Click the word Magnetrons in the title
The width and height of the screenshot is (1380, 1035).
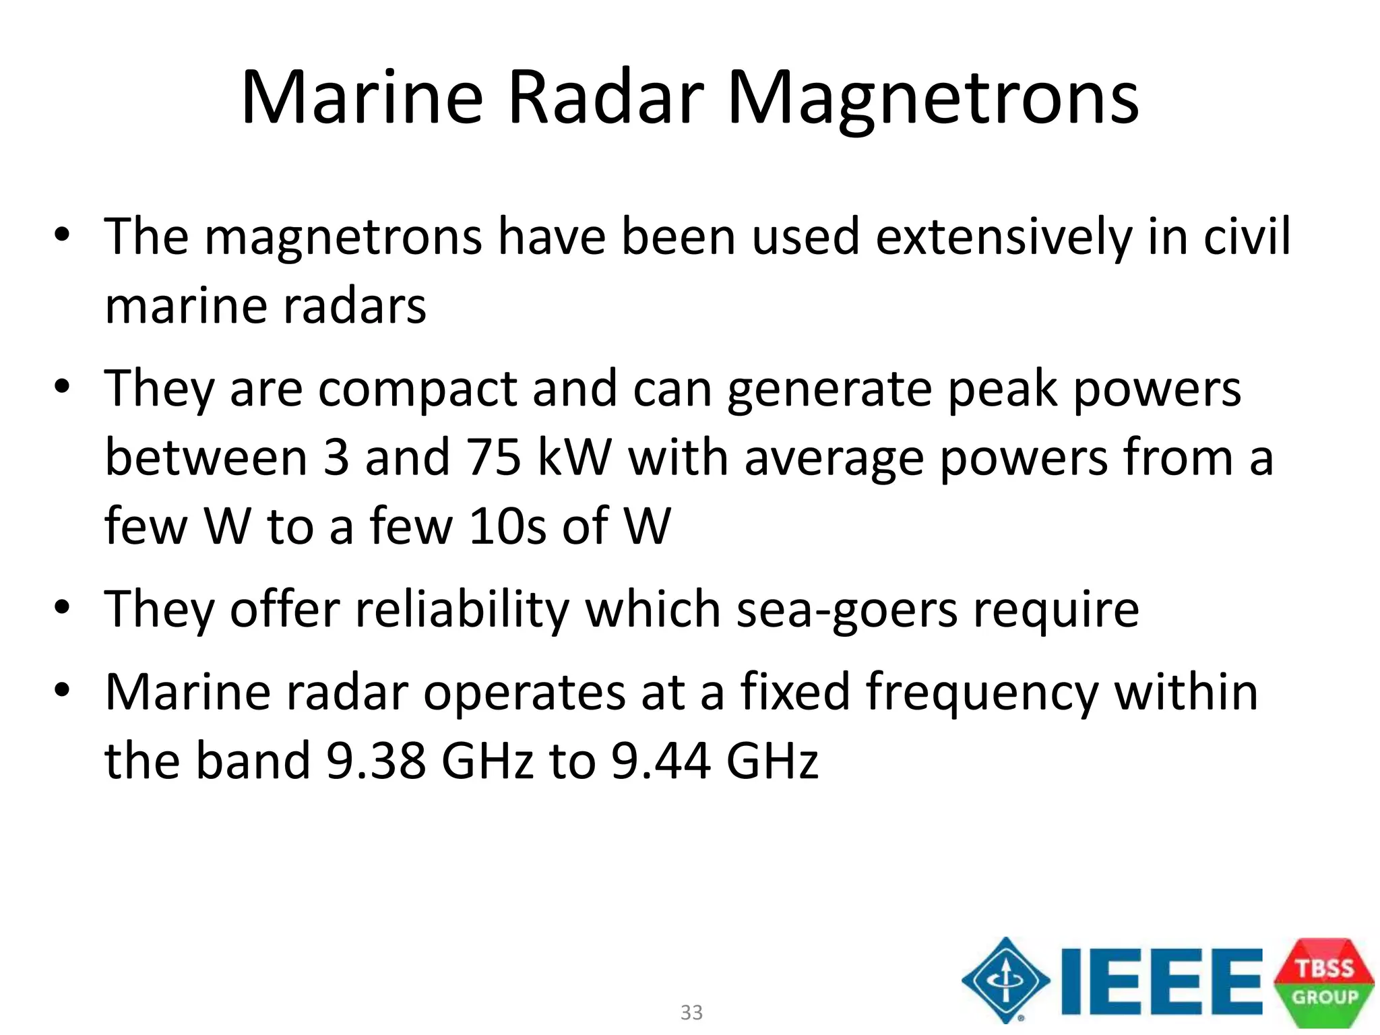click(933, 99)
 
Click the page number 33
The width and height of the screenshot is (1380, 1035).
click(691, 1012)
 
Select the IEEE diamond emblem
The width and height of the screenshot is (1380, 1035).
click(1005, 980)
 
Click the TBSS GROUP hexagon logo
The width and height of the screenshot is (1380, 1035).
click(1324, 982)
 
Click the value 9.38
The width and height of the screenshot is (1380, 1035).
click(376, 761)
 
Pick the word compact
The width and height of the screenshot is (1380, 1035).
click(418, 391)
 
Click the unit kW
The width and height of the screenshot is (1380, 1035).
click(575, 458)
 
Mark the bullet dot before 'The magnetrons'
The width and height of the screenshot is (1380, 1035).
click(62, 236)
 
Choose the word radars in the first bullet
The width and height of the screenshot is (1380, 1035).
click(354, 307)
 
